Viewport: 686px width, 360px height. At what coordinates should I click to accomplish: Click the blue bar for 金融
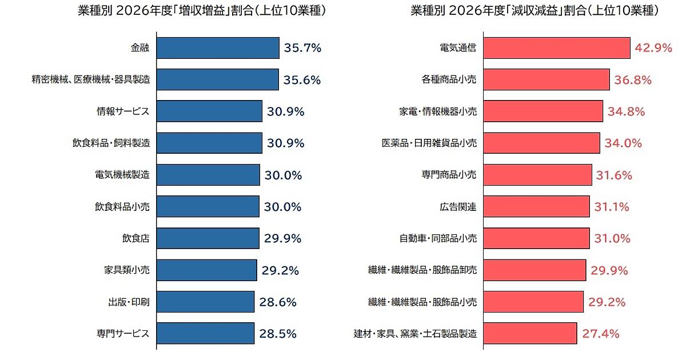point(217,48)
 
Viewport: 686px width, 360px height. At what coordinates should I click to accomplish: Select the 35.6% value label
point(302,80)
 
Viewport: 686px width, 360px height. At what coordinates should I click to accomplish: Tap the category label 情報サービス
point(123,111)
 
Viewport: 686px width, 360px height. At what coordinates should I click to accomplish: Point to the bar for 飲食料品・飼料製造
point(209,143)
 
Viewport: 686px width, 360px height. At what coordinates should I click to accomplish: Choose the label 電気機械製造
point(122,175)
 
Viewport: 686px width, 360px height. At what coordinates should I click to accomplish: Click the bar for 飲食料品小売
point(208,206)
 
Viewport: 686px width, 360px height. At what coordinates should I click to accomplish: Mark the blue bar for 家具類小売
point(206,270)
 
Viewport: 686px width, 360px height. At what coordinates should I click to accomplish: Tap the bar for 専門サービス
point(205,333)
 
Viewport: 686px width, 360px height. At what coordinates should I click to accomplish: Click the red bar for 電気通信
point(556,48)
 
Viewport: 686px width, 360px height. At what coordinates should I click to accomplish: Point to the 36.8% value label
point(633,80)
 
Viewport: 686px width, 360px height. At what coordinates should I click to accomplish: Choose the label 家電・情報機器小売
point(438,111)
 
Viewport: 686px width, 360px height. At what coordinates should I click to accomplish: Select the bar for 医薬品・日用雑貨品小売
point(541,143)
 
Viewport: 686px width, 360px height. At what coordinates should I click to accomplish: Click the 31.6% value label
point(614,175)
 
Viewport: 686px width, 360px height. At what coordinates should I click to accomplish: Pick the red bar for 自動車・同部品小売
point(536,238)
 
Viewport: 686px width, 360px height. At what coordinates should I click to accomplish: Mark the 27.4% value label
point(601,333)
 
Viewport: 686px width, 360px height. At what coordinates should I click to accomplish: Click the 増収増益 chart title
point(202,11)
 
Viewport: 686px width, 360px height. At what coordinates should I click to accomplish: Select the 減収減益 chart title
point(535,11)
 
